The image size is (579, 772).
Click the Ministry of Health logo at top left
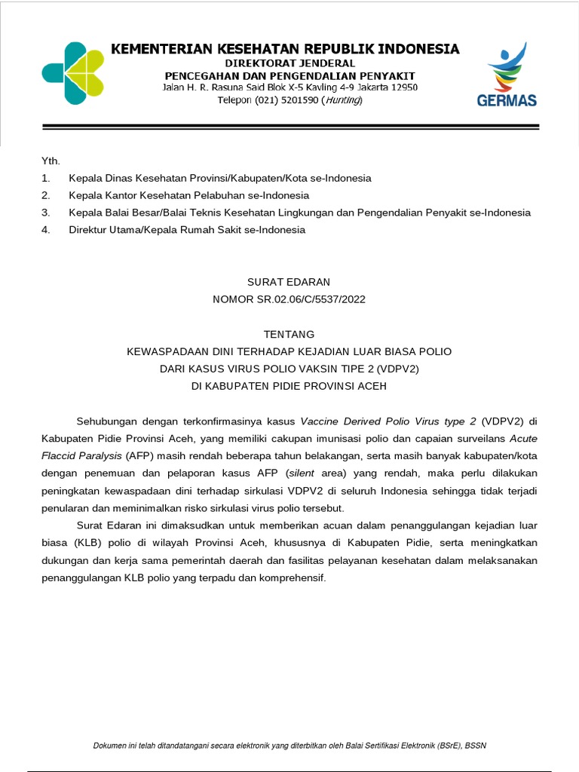tap(74, 73)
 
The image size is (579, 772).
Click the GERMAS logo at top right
tap(507, 75)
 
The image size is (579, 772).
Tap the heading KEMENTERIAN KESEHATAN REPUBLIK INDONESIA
tap(285, 49)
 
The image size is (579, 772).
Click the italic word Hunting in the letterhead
tap(342, 100)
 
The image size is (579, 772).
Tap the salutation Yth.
tap(51, 161)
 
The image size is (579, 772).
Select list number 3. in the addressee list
tap(46, 213)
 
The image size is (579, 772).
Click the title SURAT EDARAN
tap(289, 282)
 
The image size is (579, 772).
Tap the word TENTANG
tap(289, 334)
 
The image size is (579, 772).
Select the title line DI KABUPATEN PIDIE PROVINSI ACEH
tap(289, 386)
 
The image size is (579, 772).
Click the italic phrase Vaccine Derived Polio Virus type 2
tap(388, 421)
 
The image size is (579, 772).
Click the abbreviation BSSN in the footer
tap(475, 746)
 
